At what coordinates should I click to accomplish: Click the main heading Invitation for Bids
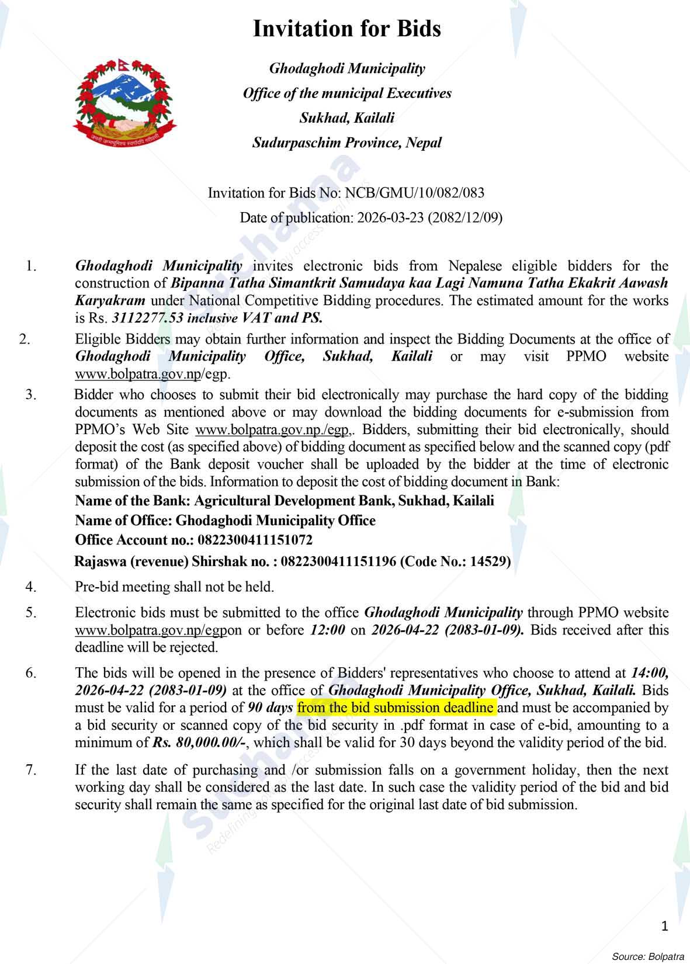pos(346,29)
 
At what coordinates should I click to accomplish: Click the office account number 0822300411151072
pos(255,539)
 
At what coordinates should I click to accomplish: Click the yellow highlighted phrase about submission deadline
pos(396,708)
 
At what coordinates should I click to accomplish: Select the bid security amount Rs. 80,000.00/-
pos(198,743)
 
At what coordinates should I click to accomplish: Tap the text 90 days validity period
pos(270,708)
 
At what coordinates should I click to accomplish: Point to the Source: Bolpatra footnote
pos(647,956)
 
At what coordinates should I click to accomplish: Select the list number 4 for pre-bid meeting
pos(31,587)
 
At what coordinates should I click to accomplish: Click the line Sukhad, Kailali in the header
pos(346,118)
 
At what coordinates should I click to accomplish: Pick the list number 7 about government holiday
pos(31,769)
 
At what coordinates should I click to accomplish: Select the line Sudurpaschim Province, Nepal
pos(346,143)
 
